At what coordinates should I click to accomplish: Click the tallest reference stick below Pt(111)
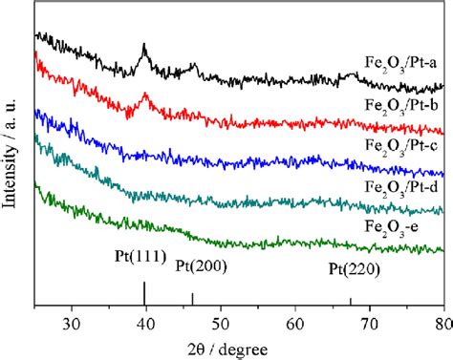(x=144, y=293)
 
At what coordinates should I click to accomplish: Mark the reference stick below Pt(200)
(x=193, y=299)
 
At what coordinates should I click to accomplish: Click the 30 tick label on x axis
(x=71, y=321)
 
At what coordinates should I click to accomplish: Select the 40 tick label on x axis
(x=145, y=321)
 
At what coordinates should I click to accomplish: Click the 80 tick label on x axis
(x=442, y=321)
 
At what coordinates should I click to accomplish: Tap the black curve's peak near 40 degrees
(x=144, y=45)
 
